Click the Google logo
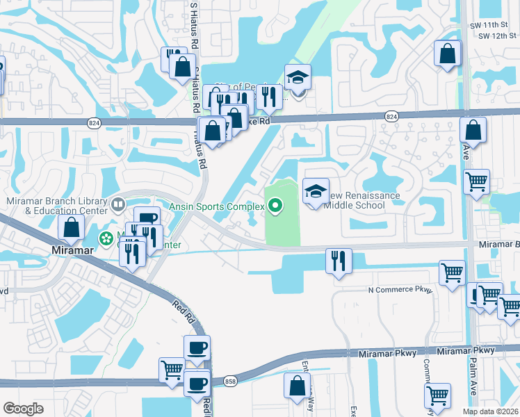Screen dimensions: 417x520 pyautogui.click(x=23, y=409)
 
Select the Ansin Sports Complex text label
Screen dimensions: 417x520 pyautogui.click(x=217, y=206)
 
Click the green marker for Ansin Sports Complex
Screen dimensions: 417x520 pyautogui.click(x=275, y=206)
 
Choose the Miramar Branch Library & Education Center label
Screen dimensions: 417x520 pyautogui.click(x=56, y=206)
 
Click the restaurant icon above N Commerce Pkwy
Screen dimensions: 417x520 pyautogui.click(x=339, y=261)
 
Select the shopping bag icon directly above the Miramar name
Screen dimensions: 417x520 pyautogui.click(x=72, y=227)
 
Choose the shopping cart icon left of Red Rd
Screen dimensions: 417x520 pyautogui.click(x=172, y=370)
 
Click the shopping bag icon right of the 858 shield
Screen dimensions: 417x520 pyautogui.click(x=297, y=386)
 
